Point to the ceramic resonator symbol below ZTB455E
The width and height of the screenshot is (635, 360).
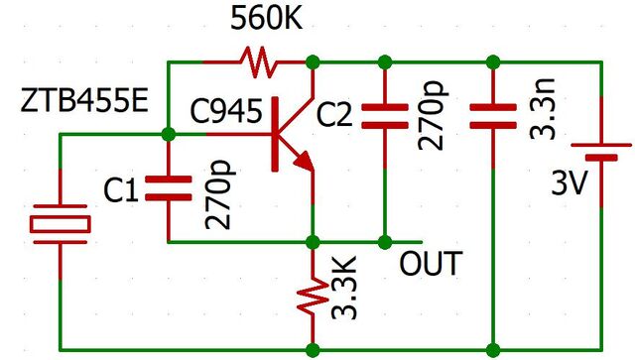pyautogui.click(x=60, y=223)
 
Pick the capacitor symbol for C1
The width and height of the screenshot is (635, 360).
pyautogui.click(x=168, y=188)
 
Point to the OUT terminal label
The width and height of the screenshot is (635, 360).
pyautogui.click(x=431, y=265)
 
